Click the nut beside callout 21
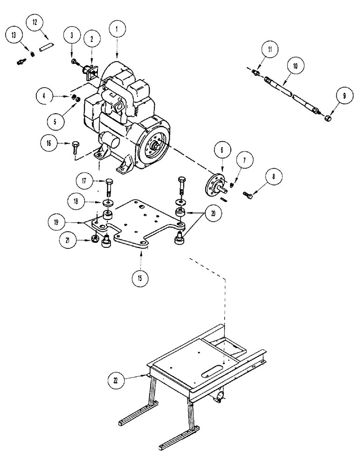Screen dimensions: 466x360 (x=94, y=239)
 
